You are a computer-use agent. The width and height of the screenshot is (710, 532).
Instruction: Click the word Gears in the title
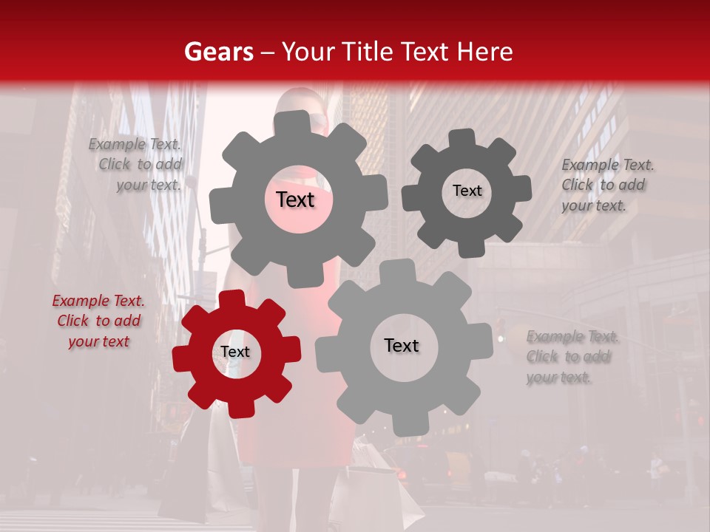click(x=218, y=52)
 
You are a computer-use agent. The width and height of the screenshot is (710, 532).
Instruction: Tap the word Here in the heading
click(x=485, y=52)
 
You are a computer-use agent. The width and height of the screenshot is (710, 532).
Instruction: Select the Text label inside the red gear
click(x=235, y=352)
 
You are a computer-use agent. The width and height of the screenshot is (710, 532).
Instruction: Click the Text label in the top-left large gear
click(x=296, y=199)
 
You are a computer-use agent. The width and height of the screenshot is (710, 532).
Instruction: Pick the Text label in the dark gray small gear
click(x=467, y=191)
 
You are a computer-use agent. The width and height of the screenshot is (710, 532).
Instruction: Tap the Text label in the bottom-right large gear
click(x=402, y=346)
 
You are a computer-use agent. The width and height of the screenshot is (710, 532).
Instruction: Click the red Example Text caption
click(x=98, y=321)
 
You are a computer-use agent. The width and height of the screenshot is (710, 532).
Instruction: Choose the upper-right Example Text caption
click(x=606, y=185)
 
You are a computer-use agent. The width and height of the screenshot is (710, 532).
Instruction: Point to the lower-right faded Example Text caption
click(x=571, y=357)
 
